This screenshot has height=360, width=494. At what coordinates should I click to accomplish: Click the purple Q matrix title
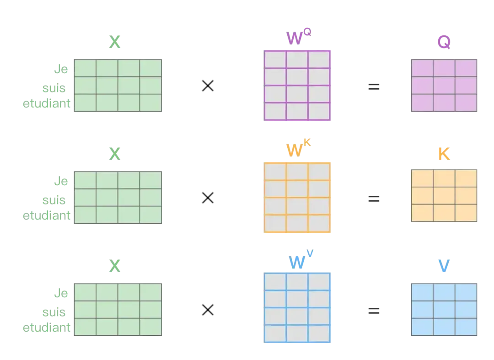(444, 42)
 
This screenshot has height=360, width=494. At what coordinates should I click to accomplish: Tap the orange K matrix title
(444, 154)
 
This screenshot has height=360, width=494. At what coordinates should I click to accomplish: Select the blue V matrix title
(444, 266)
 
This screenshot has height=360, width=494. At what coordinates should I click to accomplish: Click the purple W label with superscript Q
(298, 37)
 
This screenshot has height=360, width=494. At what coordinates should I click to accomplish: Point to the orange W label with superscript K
(298, 148)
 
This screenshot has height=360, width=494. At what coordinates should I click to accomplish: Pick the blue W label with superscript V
(301, 259)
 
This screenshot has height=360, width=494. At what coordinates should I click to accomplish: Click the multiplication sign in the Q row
(208, 86)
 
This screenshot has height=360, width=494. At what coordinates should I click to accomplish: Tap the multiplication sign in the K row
(208, 198)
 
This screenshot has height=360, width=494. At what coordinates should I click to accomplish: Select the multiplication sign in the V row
(208, 310)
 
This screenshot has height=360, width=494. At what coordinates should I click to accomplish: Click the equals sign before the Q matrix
(374, 86)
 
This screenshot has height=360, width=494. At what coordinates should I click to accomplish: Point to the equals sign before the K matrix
(374, 199)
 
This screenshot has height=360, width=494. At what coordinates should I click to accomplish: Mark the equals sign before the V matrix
(374, 311)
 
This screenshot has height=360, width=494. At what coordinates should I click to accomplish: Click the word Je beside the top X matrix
(61, 69)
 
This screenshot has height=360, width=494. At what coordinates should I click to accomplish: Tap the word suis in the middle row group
(54, 200)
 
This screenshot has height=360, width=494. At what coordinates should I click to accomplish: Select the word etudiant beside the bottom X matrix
(47, 328)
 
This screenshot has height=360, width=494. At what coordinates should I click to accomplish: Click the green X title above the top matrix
(115, 42)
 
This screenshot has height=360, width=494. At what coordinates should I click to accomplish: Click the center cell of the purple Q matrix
(444, 86)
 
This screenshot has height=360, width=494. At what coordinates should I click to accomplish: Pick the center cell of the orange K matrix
(444, 196)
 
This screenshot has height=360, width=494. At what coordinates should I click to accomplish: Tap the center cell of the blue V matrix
(444, 310)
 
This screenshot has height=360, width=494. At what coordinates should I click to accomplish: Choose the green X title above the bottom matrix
(115, 266)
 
